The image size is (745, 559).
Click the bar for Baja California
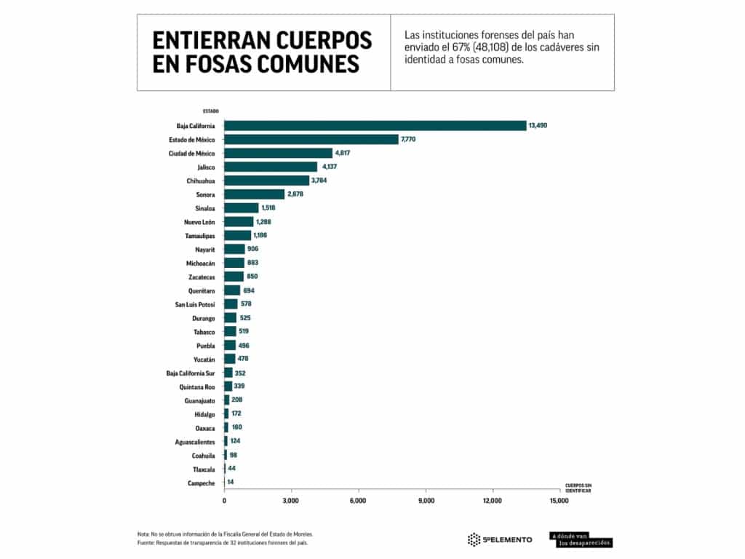click(x=375, y=126)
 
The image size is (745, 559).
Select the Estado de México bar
click(x=311, y=140)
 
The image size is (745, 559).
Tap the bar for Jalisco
click(x=271, y=167)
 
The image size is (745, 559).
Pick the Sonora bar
click(x=254, y=194)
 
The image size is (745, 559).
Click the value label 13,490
click(x=538, y=126)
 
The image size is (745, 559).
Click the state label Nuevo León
click(x=199, y=221)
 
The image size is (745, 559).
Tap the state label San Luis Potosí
click(x=195, y=304)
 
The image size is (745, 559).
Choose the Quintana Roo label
click(x=196, y=386)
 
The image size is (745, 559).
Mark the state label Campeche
click(x=200, y=483)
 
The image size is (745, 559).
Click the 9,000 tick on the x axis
click(x=426, y=501)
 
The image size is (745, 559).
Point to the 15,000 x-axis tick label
click(x=559, y=501)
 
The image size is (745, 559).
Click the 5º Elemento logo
click(x=499, y=539)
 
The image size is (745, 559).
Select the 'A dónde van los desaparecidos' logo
click(x=581, y=539)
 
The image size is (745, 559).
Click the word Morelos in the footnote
click(x=300, y=534)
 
